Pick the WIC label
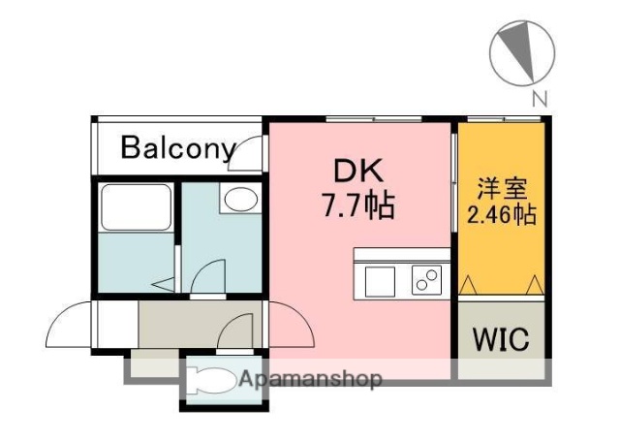coord(500,340)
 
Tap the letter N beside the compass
coord(540,97)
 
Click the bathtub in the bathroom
coord(136,207)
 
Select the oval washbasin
coord(239,201)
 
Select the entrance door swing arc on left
coord(70,325)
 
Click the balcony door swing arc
coord(251,151)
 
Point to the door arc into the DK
coord(291,325)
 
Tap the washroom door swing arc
coord(207,276)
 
